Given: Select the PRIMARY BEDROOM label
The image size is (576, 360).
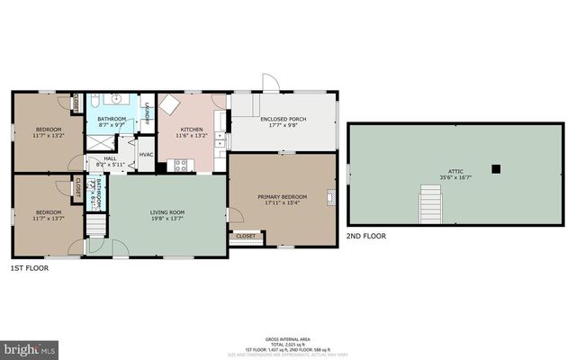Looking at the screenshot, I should [282, 197].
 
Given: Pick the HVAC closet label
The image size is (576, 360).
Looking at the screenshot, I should [146, 153].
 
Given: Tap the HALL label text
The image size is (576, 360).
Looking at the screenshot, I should [109, 158].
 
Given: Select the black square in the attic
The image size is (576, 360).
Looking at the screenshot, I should [496, 167].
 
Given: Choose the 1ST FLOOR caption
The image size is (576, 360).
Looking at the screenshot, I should [29, 268].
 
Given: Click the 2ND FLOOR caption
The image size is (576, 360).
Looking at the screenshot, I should [365, 236].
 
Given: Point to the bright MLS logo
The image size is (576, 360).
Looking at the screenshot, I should [28, 347].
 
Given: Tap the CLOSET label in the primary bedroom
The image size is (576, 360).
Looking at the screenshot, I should [245, 236].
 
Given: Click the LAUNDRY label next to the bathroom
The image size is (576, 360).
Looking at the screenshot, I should [147, 114].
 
